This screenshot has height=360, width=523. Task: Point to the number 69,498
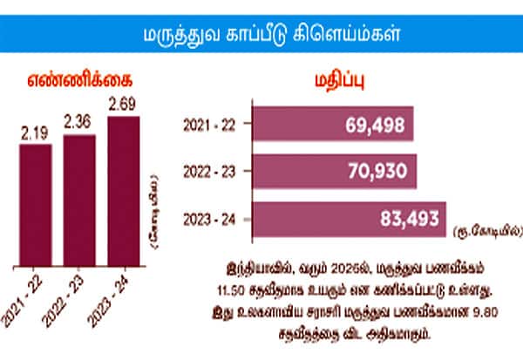pos(377,126)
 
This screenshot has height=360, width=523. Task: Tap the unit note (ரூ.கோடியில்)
pos(488,233)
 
